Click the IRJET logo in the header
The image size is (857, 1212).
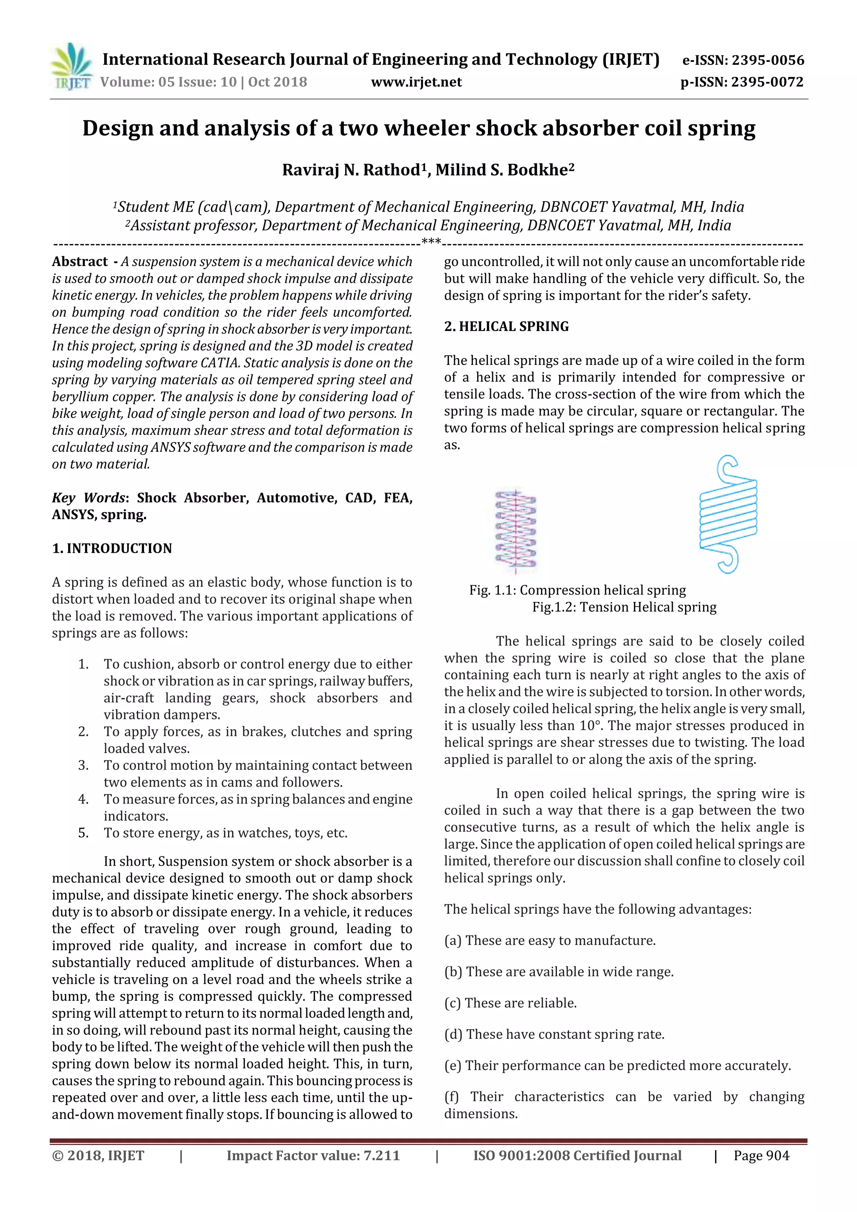71,67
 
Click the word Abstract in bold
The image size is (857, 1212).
80,262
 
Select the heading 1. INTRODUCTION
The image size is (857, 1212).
112,548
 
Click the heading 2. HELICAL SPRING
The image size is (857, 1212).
506,327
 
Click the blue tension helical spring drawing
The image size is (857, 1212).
728,515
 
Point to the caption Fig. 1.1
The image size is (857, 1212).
491,590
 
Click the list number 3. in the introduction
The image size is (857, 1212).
83,766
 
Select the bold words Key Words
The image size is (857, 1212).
88,498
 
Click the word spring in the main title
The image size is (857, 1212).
721,128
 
